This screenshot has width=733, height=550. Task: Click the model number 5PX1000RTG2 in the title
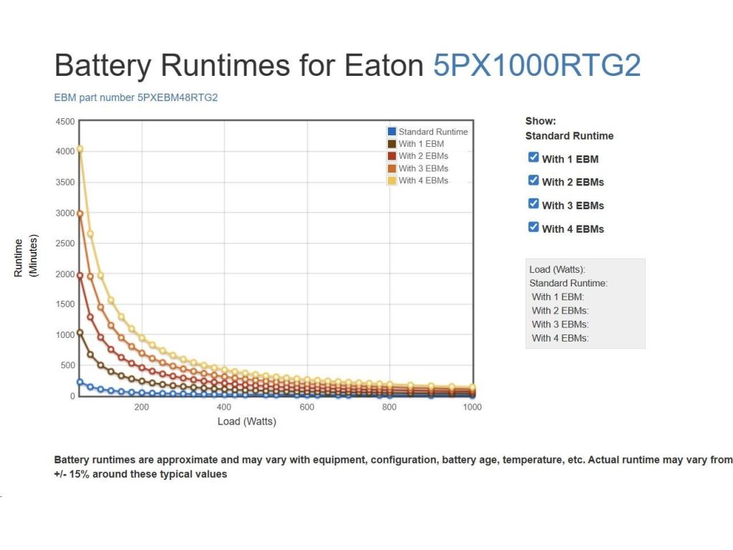click(537, 66)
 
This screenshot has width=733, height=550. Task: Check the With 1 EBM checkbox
click(533, 157)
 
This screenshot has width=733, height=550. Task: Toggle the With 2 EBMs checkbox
click(533, 180)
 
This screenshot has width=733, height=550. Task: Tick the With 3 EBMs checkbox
click(533, 203)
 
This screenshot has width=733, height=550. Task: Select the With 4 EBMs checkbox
click(533, 227)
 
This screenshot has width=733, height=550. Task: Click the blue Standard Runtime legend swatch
click(392, 132)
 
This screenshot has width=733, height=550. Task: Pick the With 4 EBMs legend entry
click(423, 180)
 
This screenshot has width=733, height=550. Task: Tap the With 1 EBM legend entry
click(421, 144)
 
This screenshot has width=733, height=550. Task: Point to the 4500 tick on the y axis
click(64, 121)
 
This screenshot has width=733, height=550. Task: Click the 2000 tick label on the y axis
click(64, 274)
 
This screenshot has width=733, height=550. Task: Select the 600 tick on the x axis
click(307, 407)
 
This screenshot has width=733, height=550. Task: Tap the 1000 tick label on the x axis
click(472, 407)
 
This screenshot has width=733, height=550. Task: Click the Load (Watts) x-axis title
click(247, 422)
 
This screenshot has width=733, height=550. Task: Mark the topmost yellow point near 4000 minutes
click(79, 149)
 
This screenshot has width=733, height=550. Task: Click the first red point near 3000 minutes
click(79, 213)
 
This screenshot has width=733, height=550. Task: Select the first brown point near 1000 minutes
click(79, 332)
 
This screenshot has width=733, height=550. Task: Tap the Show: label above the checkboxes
click(540, 121)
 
